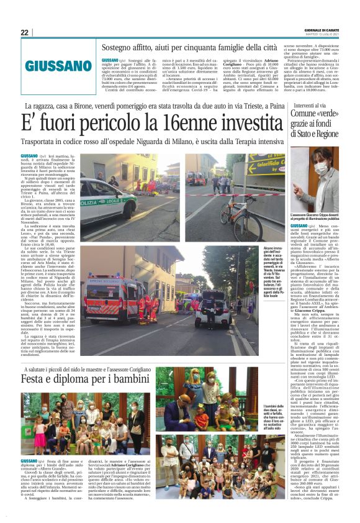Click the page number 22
click(24, 32)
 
